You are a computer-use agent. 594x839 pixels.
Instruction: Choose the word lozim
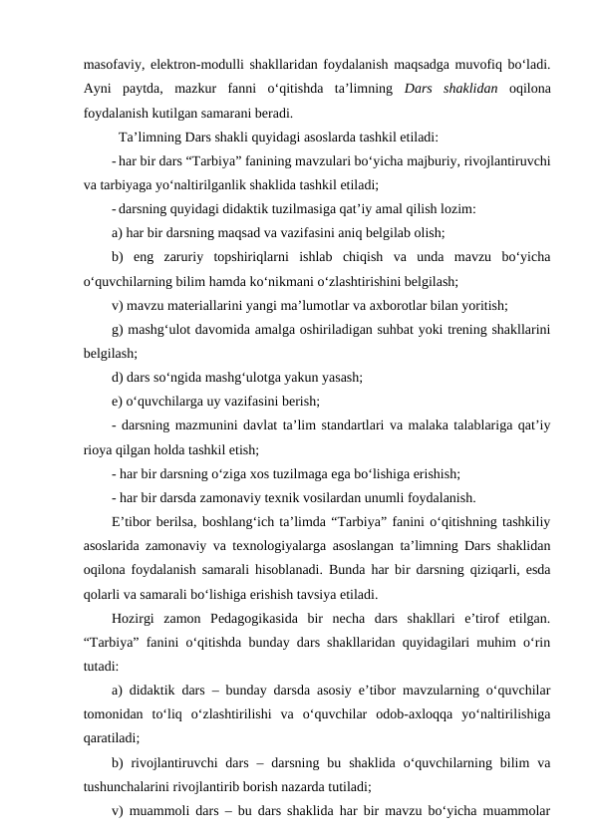coord(453,208)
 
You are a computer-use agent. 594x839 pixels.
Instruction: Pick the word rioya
coord(103,447)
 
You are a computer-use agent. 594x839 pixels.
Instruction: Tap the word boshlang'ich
coord(221,519)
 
